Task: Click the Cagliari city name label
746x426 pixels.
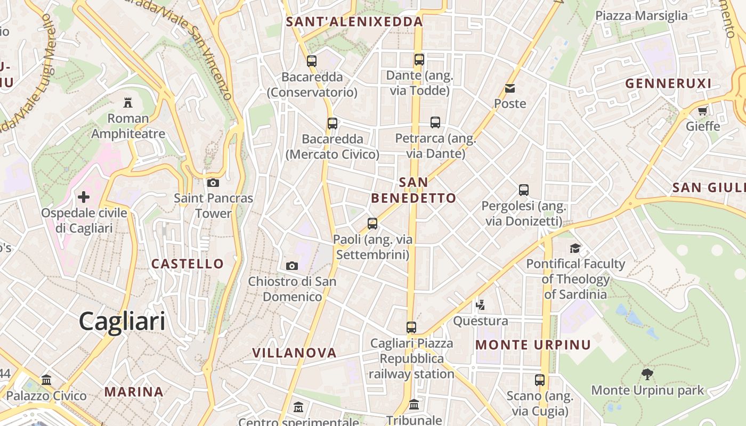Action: (122, 321)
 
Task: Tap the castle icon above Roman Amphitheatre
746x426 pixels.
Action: (128, 102)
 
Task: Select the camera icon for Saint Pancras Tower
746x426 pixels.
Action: (213, 183)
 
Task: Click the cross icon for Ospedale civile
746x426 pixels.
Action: (84, 197)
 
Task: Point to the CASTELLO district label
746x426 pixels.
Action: (188, 264)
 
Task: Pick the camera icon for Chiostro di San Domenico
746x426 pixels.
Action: (292, 266)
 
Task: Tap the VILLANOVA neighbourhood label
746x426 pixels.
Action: (294, 353)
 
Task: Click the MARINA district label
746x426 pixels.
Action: (134, 392)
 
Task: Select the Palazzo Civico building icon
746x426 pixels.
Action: (46, 380)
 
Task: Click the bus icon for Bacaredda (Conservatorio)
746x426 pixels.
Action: (312, 61)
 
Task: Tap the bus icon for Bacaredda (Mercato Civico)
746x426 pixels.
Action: (333, 124)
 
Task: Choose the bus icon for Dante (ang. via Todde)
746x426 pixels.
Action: (419, 60)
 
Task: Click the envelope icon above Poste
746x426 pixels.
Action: (510, 88)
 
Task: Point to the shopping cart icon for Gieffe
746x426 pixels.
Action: (703, 111)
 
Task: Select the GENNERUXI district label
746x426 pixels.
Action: (668, 83)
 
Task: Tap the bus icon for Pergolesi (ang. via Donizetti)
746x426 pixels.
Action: (524, 190)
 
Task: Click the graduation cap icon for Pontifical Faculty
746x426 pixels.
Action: (575, 248)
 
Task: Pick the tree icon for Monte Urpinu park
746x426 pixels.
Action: (647, 374)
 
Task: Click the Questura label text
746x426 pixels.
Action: (481, 321)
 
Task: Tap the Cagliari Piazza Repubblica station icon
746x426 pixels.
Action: (411, 327)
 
